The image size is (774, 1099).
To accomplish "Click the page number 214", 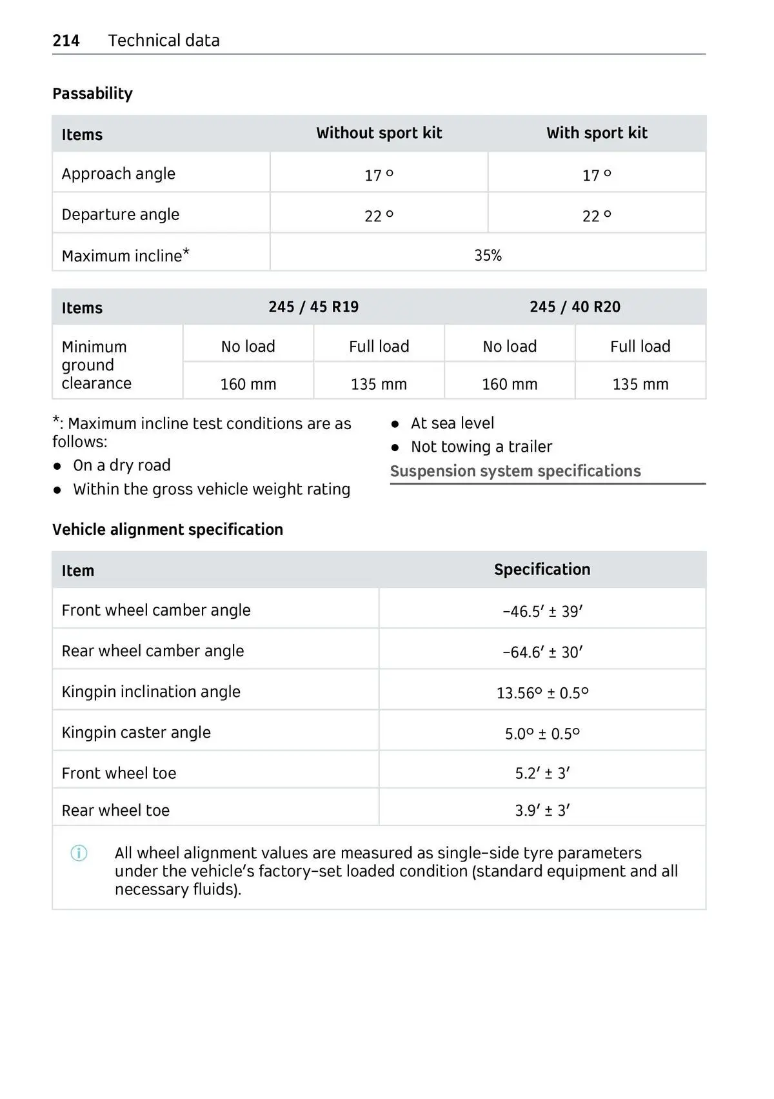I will pyautogui.click(x=66, y=41).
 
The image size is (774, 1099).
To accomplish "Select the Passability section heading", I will pyautogui.click(x=92, y=94).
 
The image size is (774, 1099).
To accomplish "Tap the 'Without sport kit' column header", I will pyautogui.click(x=379, y=133).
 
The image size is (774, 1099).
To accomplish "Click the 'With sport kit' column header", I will pyautogui.click(x=597, y=133).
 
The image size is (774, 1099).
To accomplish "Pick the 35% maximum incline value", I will pyautogui.click(x=488, y=256).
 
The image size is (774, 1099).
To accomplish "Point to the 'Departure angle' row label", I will pyautogui.click(x=121, y=214).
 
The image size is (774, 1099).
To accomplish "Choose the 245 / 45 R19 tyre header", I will pyautogui.click(x=313, y=307).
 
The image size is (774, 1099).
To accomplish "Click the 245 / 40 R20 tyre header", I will pyautogui.click(x=575, y=307).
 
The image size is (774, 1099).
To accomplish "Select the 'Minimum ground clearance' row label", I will pyautogui.click(x=97, y=365).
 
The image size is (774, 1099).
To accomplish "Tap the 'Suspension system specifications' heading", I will pyautogui.click(x=515, y=471).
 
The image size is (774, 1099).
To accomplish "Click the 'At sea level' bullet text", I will pyautogui.click(x=452, y=423).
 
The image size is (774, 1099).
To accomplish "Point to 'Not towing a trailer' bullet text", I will pyautogui.click(x=481, y=447).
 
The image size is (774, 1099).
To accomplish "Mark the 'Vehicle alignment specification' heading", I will pyautogui.click(x=168, y=529).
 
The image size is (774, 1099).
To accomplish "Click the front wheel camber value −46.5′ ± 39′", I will pyautogui.click(x=542, y=611).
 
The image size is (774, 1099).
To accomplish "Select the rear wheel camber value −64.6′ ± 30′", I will pyautogui.click(x=542, y=652).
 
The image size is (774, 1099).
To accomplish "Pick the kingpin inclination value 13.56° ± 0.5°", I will pyautogui.click(x=542, y=693).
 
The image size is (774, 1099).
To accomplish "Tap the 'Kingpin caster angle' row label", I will pyautogui.click(x=136, y=732).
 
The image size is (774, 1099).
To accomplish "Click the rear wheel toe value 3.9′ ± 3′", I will pyautogui.click(x=542, y=811).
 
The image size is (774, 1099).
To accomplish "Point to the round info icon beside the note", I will pyautogui.click(x=79, y=853).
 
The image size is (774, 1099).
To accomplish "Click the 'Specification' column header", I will pyautogui.click(x=542, y=569).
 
